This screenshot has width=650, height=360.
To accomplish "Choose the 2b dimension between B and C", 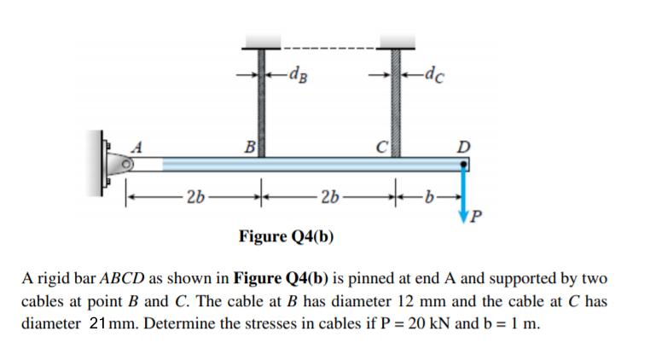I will (x=328, y=200).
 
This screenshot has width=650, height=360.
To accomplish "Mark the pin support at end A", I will (x=116, y=160).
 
